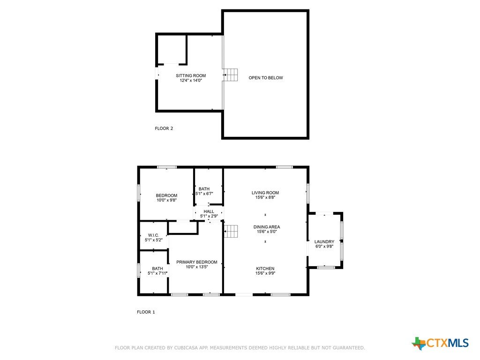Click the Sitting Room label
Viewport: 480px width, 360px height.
(x=191, y=75)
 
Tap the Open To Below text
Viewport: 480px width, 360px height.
(x=266, y=78)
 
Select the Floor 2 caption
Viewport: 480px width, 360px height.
(x=164, y=128)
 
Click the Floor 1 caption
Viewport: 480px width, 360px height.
(x=146, y=312)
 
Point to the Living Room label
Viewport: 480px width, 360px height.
(x=265, y=193)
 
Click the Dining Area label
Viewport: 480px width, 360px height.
(x=267, y=227)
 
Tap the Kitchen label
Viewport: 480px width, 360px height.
(x=265, y=269)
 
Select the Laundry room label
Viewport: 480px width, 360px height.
(x=324, y=241)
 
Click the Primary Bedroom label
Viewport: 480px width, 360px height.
(x=197, y=262)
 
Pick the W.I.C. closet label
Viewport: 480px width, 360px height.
(x=153, y=235)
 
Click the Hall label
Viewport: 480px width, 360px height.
(x=209, y=211)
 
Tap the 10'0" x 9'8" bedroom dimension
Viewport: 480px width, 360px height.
(x=167, y=200)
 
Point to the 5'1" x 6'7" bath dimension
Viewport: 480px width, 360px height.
(x=204, y=194)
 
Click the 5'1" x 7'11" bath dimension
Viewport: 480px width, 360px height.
(x=157, y=273)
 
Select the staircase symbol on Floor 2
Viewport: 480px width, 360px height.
(x=231, y=75)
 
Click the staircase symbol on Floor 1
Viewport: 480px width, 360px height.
(x=231, y=231)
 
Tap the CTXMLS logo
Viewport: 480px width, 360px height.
(x=440, y=343)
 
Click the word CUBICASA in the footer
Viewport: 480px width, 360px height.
(x=186, y=348)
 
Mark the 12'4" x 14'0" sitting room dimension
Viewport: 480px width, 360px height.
(x=191, y=81)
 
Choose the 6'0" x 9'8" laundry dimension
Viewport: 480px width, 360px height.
(x=324, y=246)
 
